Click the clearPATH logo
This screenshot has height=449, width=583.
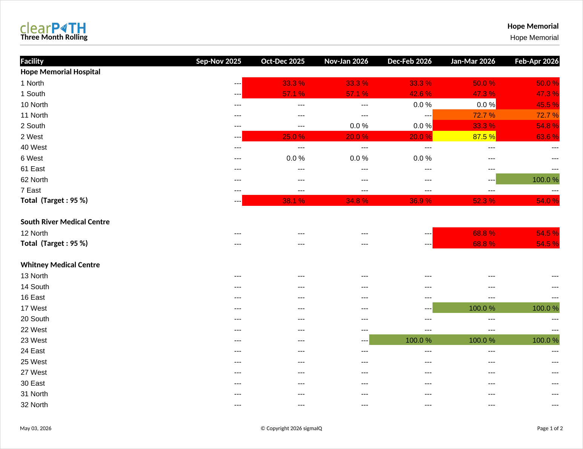point(53,28)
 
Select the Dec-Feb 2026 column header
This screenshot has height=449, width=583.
point(410,61)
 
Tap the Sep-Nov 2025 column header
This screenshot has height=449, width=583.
point(218,61)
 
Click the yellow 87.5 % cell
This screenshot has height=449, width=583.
point(464,136)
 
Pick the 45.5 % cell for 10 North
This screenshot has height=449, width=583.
point(528,104)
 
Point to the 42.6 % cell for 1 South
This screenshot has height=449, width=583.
point(401,93)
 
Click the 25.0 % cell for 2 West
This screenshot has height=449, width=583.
point(274,136)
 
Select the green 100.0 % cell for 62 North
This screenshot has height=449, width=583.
point(528,179)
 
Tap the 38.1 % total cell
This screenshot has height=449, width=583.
point(274,201)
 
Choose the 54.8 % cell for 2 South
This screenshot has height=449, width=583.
point(528,126)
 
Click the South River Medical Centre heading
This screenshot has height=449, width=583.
point(65,222)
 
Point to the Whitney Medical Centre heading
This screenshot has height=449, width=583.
point(60,265)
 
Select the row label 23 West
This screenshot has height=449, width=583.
point(34,340)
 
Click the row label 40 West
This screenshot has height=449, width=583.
point(34,147)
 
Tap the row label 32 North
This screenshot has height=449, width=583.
point(34,405)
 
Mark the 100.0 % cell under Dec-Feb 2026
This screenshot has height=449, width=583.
point(401,340)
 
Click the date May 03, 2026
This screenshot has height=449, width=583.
point(36,428)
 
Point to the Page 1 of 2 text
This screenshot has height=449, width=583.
point(550,428)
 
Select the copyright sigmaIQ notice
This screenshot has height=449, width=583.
point(291,428)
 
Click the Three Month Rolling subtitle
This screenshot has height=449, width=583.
point(54,37)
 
